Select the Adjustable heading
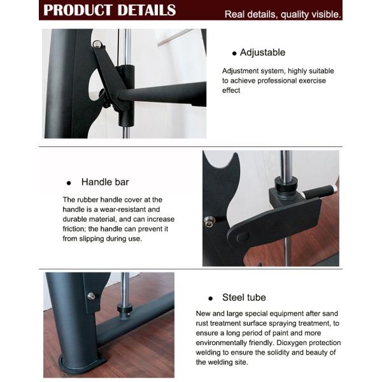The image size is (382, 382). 262,52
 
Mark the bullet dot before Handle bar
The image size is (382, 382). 68,182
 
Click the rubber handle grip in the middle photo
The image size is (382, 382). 318,192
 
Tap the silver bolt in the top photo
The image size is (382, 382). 97,44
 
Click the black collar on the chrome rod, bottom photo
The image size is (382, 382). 124,309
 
